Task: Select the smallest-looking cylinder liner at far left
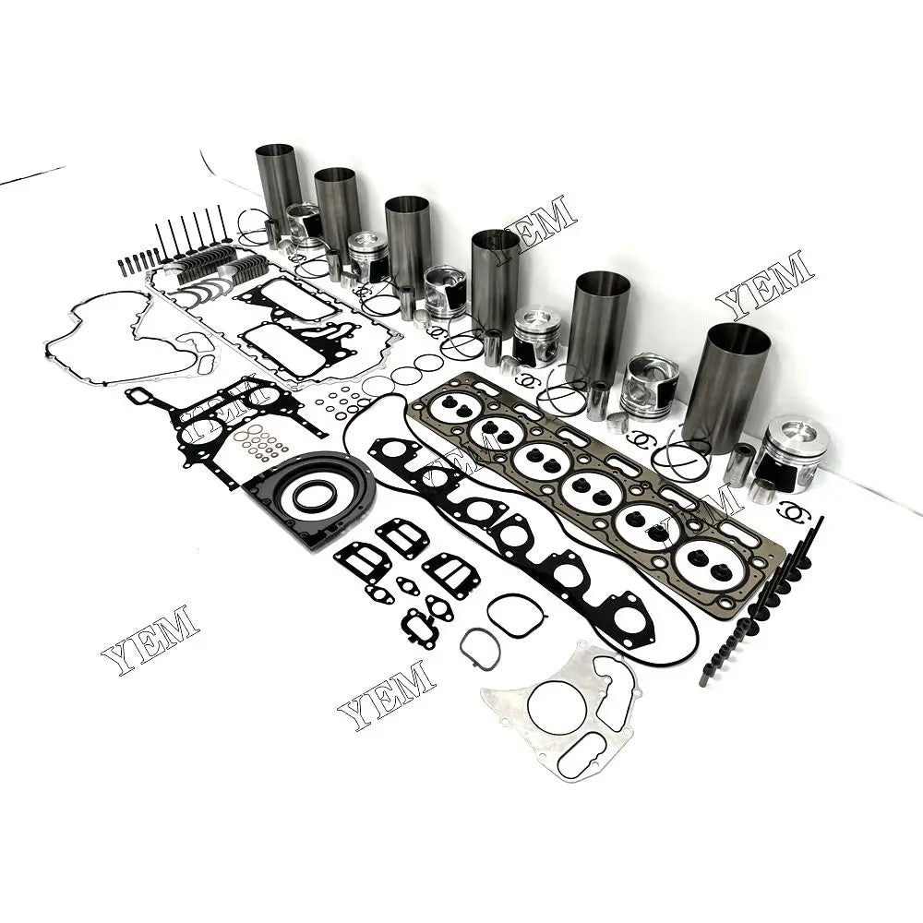pyautogui.click(x=279, y=185)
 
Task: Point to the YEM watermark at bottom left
pyautogui.click(x=150, y=639)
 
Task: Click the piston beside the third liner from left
pyautogui.click(x=446, y=291)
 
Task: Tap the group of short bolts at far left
pyautogui.click(x=138, y=262)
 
